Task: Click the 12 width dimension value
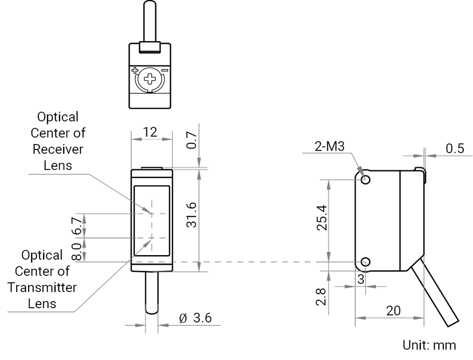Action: [151, 132]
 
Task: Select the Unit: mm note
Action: [428, 346]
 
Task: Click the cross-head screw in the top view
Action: [149, 79]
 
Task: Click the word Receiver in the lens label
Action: [58, 149]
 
